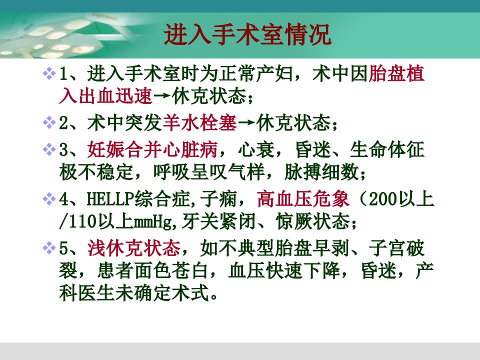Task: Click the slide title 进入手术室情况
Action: (x=247, y=34)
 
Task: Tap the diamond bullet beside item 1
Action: (x=49, y=74)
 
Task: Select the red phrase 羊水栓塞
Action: (x=200, y=123)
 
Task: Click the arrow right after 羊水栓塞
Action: (x=246, y=123)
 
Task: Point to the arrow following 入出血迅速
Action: (x=162, y=96)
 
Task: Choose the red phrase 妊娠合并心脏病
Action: (x=152, y=149)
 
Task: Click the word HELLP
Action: (x=110, y=199)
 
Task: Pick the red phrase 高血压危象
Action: (x=303, y=198)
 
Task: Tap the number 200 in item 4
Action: (x=383, y=199)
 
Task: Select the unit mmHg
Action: (x=153, y=221)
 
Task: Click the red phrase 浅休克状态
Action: (x=134, y=247)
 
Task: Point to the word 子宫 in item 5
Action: (x=387, y=247)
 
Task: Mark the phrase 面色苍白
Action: (x=171, y=270)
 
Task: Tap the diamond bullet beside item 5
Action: (x=49, y=247)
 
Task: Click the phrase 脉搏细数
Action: (x=321, y=171)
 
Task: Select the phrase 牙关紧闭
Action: (x=218, y=221)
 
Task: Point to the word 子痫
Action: (x=218, y=198)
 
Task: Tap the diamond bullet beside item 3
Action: (x=49, y=149)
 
